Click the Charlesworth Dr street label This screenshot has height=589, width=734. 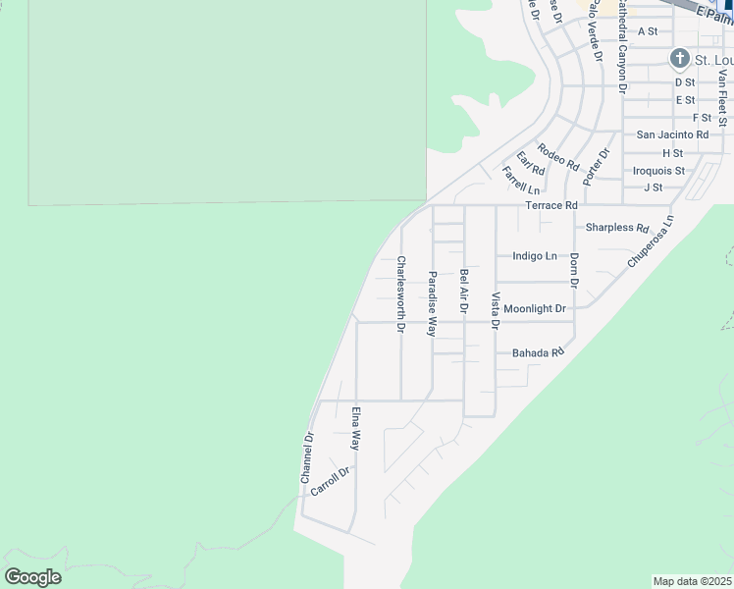[x=400, y=294]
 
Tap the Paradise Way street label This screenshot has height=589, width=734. [x=432, y=304]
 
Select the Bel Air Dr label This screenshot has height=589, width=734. [x=463, y=292]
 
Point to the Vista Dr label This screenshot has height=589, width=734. [x=496, y=310]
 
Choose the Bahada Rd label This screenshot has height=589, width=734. [x=538, y=352]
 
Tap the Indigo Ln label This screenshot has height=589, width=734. [x=535, y=256]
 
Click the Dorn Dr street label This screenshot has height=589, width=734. [x=574, y=270]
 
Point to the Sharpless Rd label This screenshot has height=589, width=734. [x=617, y=228]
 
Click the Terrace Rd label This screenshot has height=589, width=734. [x=551, y=205]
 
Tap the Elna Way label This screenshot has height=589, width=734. [x=356, y=427]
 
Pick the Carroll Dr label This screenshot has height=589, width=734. [x=330, y=481]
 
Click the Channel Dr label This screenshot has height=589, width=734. [x=307, y=457]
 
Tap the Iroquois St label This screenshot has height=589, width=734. [x=657, y=171]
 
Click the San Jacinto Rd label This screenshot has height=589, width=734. [x=672, y=134]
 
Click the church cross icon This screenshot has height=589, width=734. [x=679, y=59]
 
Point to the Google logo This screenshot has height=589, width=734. [x=32, y=577]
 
